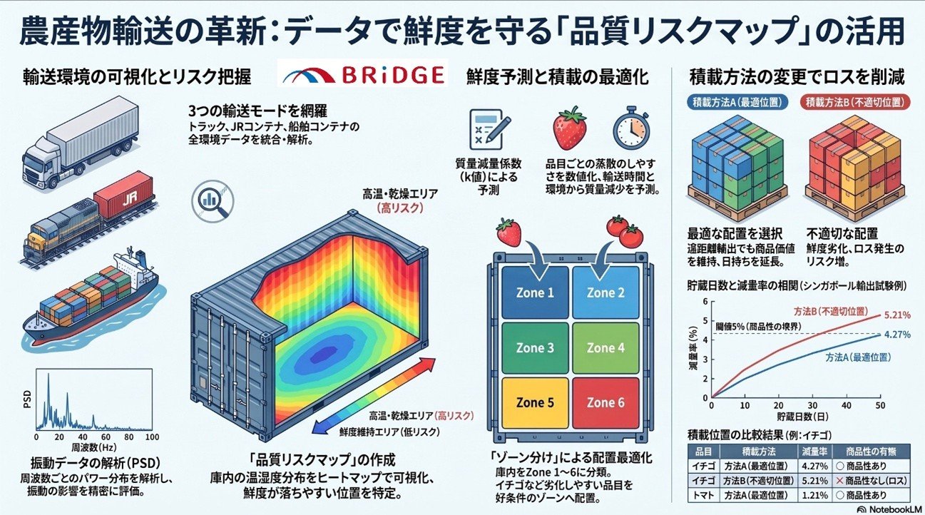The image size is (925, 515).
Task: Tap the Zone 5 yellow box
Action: (x=535, y=403)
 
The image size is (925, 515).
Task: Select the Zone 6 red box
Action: (x=605, y=403)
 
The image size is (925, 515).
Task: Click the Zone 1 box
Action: (x=535, y=292)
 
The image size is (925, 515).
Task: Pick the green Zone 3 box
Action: (x=535, y=348)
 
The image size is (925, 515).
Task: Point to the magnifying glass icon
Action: (x=213, y=202)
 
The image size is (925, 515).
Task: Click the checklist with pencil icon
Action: (x=490, y=129)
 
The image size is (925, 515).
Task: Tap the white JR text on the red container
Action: (x=129, y=200)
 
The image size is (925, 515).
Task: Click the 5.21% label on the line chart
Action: (x=897, y=315)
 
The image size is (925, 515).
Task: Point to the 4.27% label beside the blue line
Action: (x=897, y=335)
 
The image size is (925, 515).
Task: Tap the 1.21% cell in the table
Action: (x=814, y=495)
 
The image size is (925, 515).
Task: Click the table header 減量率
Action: (x=814, y=451)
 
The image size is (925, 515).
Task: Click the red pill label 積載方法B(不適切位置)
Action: (x=857, y=102)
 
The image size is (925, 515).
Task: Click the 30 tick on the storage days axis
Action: (x=812, y=406)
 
